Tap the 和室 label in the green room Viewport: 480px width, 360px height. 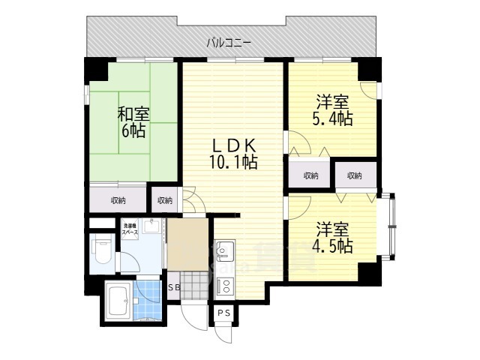click(133, 115)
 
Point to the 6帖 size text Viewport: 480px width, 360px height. click(133, 130)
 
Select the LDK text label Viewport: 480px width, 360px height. click(233, 145)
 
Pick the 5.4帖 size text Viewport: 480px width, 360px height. click(332, 118)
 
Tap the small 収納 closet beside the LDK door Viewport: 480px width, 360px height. click(165, 200)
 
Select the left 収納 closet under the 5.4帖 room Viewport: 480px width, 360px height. click(310, 175)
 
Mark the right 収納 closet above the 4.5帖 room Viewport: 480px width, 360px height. click(354, 175)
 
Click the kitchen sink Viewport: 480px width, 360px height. click(225, 250)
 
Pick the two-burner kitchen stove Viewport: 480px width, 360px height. click(225, 284)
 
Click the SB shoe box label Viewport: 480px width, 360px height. click(174, 287)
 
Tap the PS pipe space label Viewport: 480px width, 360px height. click(223, 312)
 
